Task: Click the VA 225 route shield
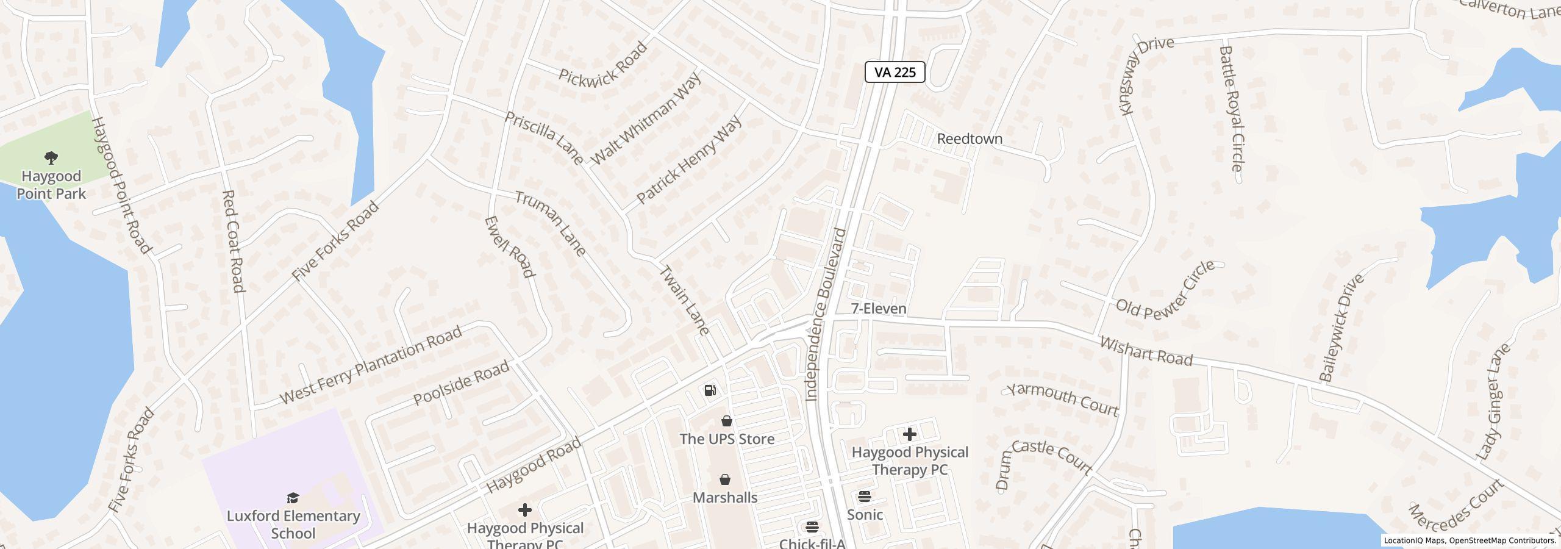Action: [895, 72]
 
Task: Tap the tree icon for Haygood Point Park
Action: [51, 159]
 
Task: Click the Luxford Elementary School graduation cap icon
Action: [293, 498]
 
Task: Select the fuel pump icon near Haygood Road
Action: [710, 390]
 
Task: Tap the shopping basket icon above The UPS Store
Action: [726, 421]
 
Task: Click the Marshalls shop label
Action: [725, 497]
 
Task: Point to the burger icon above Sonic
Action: [865, 496]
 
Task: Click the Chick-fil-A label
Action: [812, 543]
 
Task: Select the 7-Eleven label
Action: [878, 309]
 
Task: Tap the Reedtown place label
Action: [969, 139]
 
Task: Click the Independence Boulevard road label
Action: [826, 315]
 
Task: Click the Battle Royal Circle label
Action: [1231, 109]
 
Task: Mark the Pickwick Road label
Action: [602, 63]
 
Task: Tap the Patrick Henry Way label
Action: [689, 160]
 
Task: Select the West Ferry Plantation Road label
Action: [371, 365]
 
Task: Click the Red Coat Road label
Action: [233, 241]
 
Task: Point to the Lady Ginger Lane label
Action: [1493, 401]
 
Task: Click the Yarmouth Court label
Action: [1062, 399]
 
